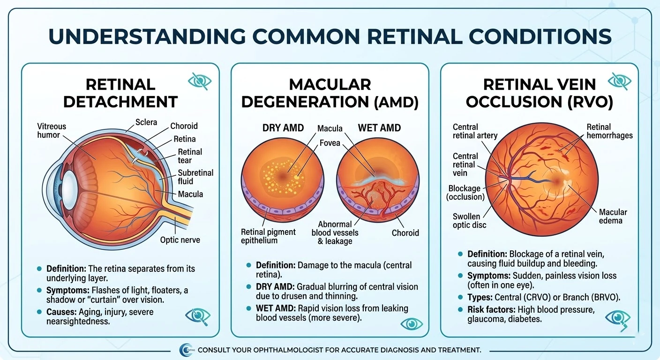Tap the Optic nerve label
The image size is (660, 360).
(x=180, y=240)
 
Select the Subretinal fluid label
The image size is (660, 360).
(x=195, y=177)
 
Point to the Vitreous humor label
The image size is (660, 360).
(x=52, y=131)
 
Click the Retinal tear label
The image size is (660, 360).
(x=190, y=156)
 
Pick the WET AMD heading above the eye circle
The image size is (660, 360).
(x=379, y=127)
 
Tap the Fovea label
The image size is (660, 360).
(x=329, y=142)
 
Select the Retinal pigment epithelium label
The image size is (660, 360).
(x=268, y=236)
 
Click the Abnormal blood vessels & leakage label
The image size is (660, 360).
(x=335, y=232)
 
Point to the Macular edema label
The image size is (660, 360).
(x=613, y=216)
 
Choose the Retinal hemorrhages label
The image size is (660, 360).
(x=609, y=131)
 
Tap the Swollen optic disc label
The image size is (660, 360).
(x=469, y=220)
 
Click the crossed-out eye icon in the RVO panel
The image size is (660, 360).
(x=619, y=81)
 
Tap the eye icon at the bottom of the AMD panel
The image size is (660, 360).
(x=412, y=324)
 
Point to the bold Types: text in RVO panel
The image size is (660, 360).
(x=481, y=297)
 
